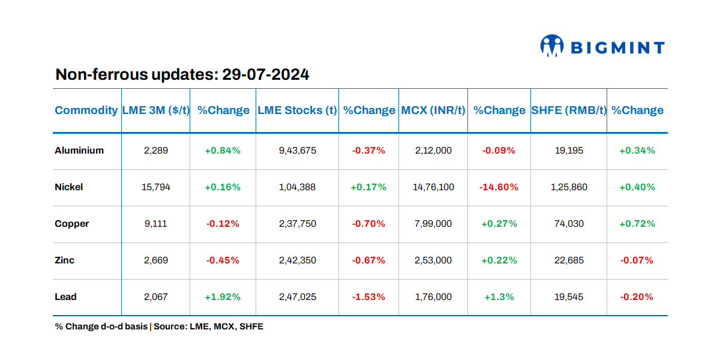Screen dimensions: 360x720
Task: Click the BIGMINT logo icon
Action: (x=552, y=46)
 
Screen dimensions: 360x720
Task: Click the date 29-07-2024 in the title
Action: (x=266, y=74)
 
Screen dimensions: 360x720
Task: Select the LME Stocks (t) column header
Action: (x=297, y=110)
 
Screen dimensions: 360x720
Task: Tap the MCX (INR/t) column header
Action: (x=433, y=110)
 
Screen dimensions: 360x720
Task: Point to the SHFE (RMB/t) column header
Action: (x=569, y=110)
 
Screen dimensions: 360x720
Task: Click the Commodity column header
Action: (x=86, y=110)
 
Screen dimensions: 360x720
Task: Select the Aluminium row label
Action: (x=79, y=151)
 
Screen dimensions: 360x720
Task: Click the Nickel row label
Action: (x=69, y=187)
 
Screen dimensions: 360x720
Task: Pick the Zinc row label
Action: (x=65, y=260)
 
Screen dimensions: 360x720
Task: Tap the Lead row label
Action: (x=65, y=297)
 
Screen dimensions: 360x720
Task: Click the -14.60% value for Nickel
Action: (x=499, y=187)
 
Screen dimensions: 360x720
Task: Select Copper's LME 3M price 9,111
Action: (x=156, y=224)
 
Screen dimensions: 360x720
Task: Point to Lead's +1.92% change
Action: (x=223, y=297)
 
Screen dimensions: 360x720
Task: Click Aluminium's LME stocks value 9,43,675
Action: (x=297, y=151)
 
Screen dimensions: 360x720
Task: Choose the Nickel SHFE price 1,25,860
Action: (x=569, y=187)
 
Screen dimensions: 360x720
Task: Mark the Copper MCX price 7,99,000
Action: (x=433, y=224)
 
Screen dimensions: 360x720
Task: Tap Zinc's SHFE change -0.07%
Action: (x=637, y=260)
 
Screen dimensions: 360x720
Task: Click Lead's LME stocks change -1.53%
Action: (x=368, y=297)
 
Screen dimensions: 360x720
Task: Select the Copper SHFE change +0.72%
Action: (x=637, y=224)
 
